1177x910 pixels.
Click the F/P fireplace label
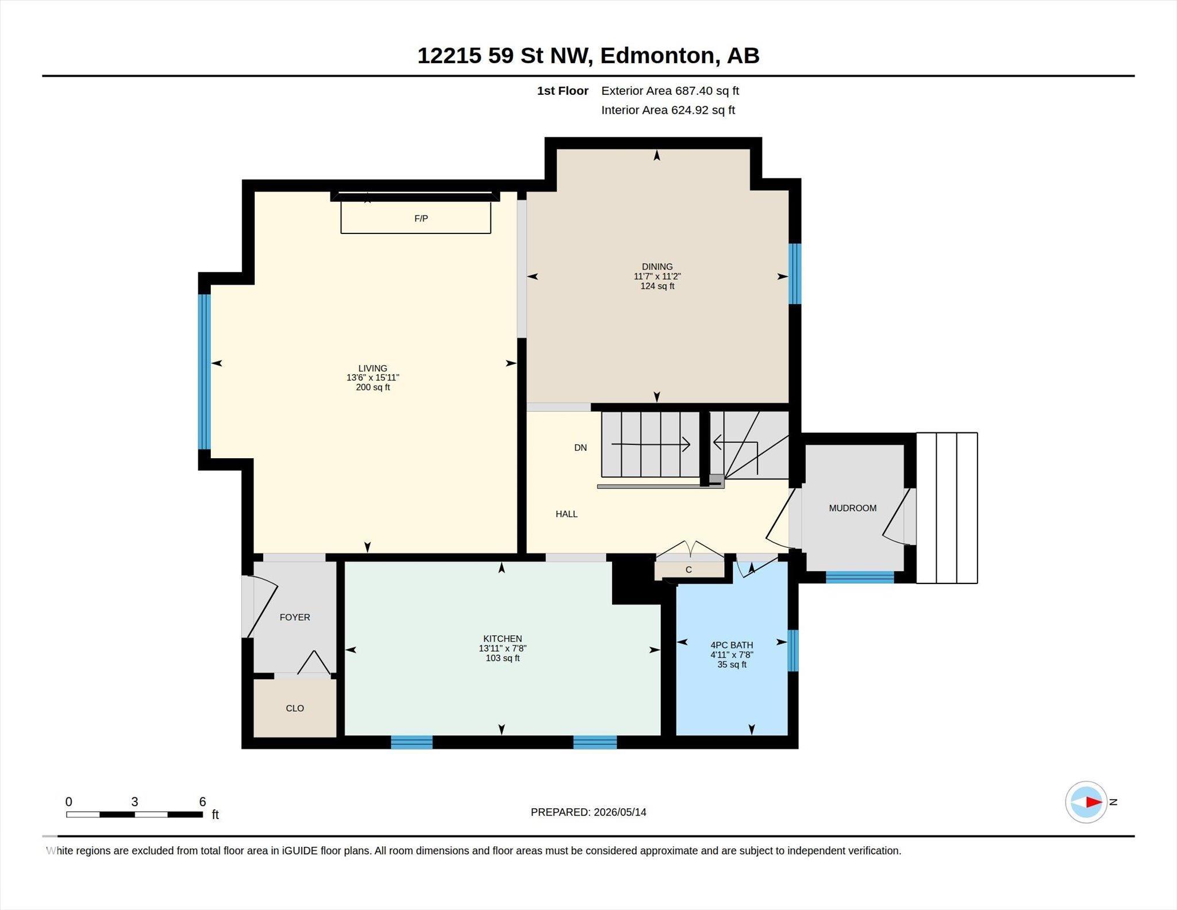pos(421,218)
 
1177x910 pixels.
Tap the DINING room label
pos(657,267)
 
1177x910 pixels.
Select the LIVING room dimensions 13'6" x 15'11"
pos(372,378)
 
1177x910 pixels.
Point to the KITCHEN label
pos(502,639)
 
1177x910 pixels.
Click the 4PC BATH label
pos(732,645)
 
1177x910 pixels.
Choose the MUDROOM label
pos(852,508)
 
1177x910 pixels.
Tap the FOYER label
pos(295,617)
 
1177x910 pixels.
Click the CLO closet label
pos(295,708)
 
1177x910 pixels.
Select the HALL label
pos(566,514)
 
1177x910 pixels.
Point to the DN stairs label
pos(580,448)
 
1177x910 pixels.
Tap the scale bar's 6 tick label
pos(202,802)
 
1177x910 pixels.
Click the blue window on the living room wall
pos(205,371)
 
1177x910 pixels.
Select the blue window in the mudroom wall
pos(860,577)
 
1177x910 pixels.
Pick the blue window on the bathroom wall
pos(793,651)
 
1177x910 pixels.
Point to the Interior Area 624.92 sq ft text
pos(668,110)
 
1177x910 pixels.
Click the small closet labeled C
pos(689,570)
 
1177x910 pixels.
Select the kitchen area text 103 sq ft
pos(502,658)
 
